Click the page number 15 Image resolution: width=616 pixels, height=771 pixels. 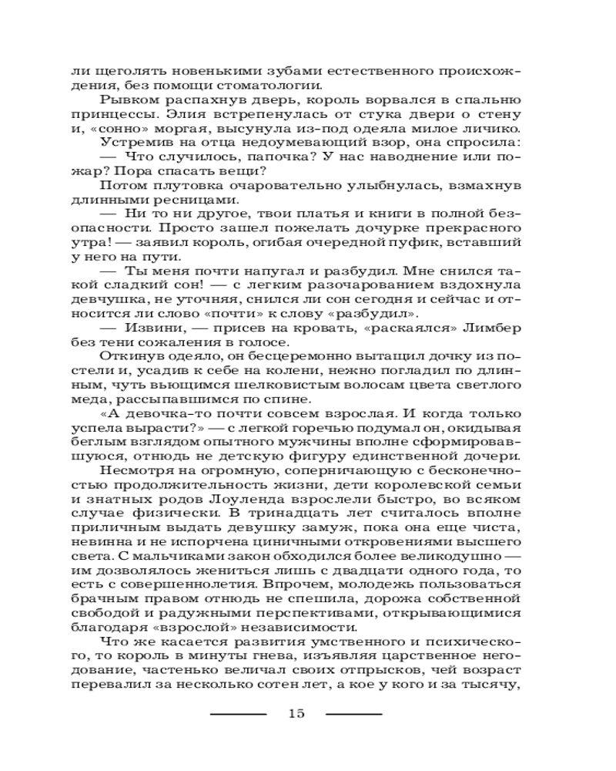coord(296,712)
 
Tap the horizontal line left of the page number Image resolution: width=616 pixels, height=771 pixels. coord(238,713)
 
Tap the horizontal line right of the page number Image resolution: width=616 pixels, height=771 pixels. coord(354,713)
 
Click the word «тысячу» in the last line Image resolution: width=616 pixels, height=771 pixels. coord(495,683)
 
